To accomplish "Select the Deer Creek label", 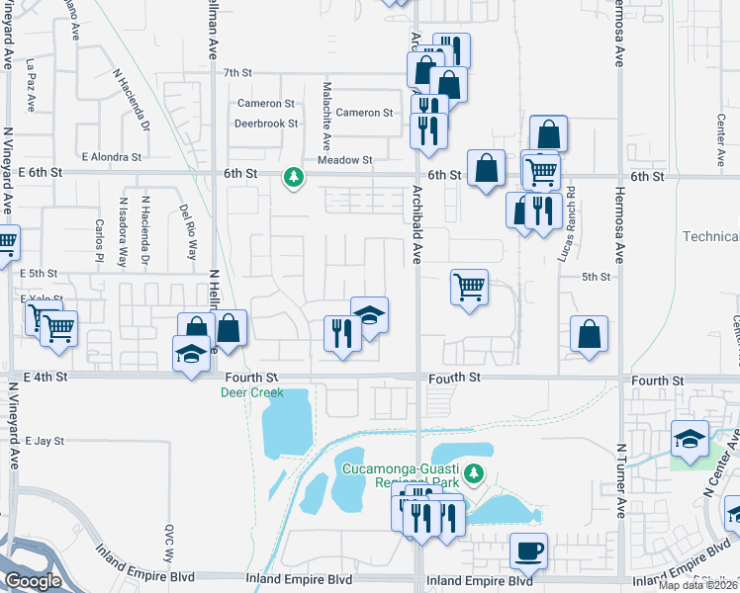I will [251, 392].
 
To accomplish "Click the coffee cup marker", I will [528, 551].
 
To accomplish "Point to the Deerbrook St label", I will [265, 124].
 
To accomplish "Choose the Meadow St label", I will [344, 159].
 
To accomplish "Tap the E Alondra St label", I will [112, 156].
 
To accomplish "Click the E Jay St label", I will [45, 441].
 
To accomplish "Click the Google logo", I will [34, 580].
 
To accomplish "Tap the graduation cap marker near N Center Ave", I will [690, 439].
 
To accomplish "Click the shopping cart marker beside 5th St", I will [469, 288].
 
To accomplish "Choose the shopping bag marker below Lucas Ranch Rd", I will [590, 335].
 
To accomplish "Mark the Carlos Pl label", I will [99, 234].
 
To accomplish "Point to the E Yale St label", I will [42, 297].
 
